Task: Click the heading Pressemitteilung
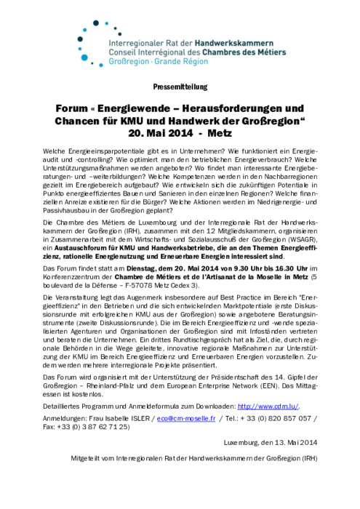(x=180, y=87)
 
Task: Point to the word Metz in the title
(x=219, y=135)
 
